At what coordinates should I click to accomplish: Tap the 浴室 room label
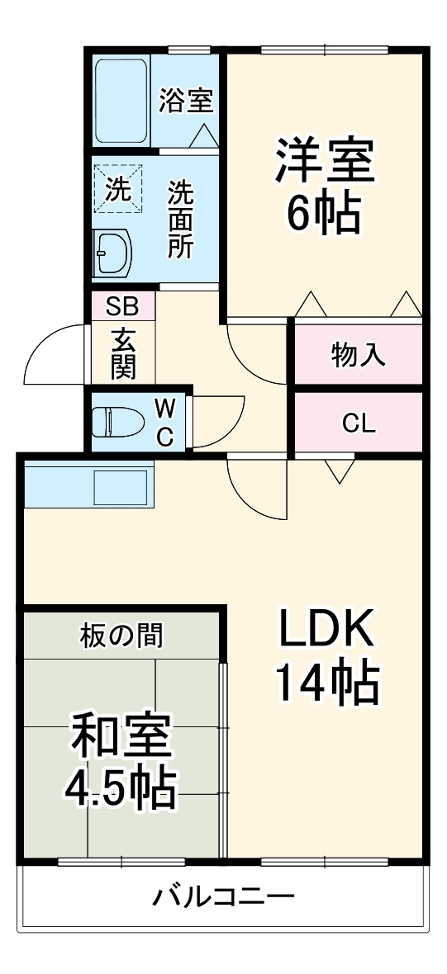[187, 100]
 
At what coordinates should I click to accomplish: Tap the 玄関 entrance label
[122, 353]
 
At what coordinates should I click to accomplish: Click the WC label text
[165, 422]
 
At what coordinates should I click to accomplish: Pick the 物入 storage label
[359, 355]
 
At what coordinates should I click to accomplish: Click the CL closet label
[359, 423]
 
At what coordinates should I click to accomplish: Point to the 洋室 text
[325, 162]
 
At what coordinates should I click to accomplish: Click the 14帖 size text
[326, 683]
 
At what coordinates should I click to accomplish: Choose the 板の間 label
[121, 636]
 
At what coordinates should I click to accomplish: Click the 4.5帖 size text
[121, 790]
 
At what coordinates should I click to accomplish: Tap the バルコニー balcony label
[223, 897]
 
